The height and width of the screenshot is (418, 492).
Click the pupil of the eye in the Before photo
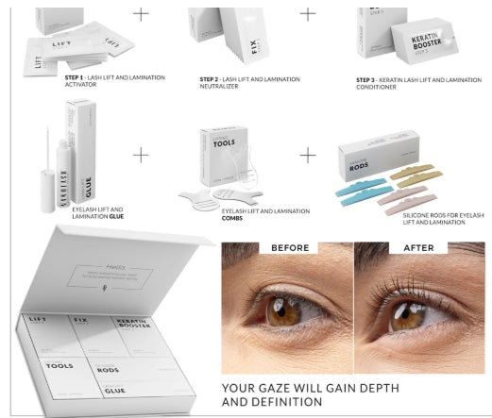point(280,312)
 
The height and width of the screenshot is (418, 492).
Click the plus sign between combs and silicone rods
point(308,153)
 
